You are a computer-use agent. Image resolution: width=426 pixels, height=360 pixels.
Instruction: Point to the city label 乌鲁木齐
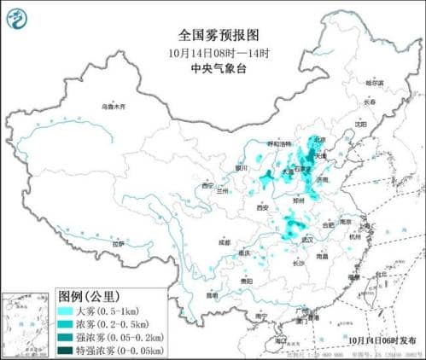pos(113,107)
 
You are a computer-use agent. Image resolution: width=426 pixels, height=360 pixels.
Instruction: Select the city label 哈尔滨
pos(375,83)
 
